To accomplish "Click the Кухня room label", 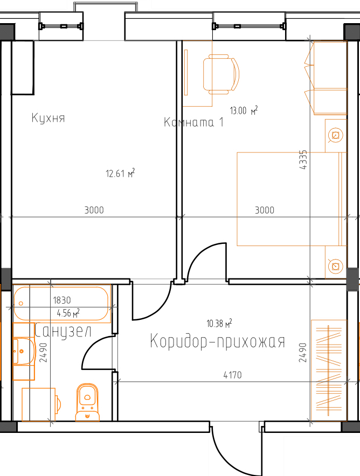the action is [x=48, y=118].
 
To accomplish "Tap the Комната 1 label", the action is [x=194, y=122].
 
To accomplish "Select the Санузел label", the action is [x=63, y=331].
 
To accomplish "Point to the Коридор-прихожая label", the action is [x=218, y=341].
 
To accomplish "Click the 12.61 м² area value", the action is [x=120, y=173].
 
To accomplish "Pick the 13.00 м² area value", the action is [x=244, y=110].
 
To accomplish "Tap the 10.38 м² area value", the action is [x=219, y=323].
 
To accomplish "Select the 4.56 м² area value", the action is [x=68, y=313].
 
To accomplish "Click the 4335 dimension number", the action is [x=303, y=160].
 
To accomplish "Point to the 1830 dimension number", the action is [x=62, y=300].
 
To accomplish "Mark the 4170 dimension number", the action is [x=233, y=375].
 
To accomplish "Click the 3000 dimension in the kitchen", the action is [x=94, y=210].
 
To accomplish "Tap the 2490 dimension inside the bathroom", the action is [x=44, y=353].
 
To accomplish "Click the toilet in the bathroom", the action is [x=87, y=402].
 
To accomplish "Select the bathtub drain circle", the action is [x=21, y=303].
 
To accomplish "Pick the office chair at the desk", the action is [x=221, y=74].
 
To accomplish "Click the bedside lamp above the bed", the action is [x=336, y=135].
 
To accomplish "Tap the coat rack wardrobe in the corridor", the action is [x=329, y=370].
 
